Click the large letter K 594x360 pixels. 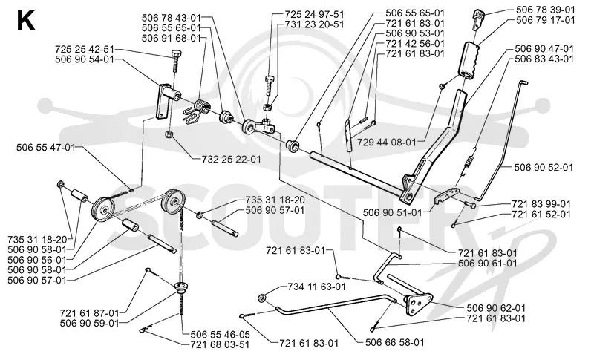[x=26, y=22]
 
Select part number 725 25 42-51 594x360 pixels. [x=84, y=49]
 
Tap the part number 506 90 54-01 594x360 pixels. [x=84, y=59]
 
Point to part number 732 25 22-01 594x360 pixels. [x=232, y=160]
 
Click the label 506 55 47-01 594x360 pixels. [x=46, y=147]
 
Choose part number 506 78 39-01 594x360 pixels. [x=546, y=10]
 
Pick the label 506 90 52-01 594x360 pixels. [x=544, y=167]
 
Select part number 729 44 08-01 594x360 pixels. [x=387, y=143]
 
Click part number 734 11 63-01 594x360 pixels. [x=317, y=287]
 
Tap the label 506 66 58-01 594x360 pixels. [x=395, y=343]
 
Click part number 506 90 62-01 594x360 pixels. [x=496, y=308]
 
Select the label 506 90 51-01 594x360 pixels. [x=392, y=213]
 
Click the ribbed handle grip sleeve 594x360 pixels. [x=471, y=62]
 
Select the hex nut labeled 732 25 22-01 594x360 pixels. [x=169, y=134]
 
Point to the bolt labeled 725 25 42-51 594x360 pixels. [x=177, y=61]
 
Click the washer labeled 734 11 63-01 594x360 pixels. [x=262, y=298]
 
